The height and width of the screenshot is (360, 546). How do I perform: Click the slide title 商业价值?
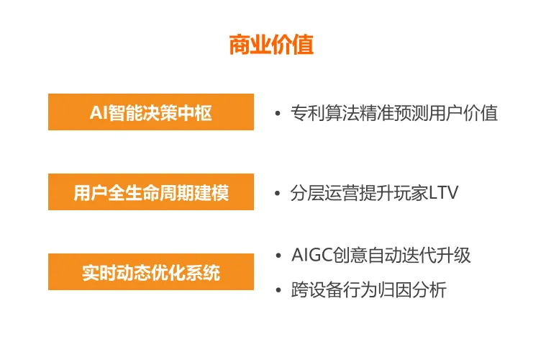pos(271,45)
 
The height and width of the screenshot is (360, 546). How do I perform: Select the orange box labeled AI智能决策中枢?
pos(150,112)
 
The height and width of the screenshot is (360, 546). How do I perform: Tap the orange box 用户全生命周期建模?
pos(150,192)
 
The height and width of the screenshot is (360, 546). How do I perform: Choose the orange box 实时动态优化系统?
pos(150,272)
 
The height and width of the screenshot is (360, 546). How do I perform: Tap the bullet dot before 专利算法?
pos(277,114)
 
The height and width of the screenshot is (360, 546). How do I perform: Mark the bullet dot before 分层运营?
pos(277,194)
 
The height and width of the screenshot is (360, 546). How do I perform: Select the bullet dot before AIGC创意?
pos(277,256)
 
